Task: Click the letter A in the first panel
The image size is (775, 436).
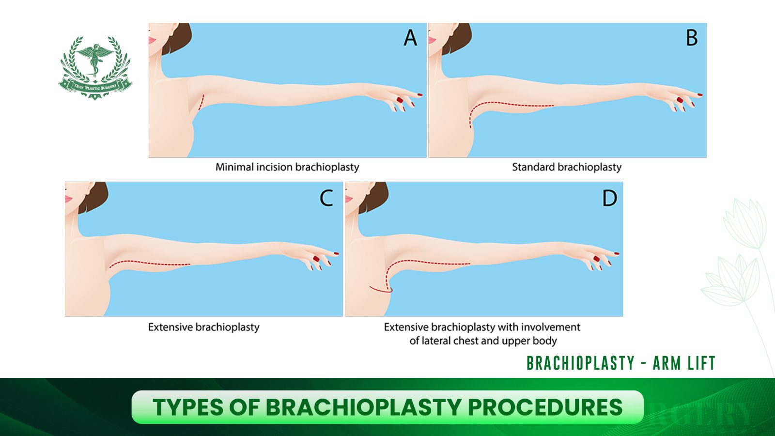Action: (410, 38)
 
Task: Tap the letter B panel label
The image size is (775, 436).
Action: (692, 38)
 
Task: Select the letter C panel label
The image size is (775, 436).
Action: (326, 198)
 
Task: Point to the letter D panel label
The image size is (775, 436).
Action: (610, 198)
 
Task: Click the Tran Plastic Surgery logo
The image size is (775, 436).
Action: (95, 68)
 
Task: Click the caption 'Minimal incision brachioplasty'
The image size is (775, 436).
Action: (287, 167)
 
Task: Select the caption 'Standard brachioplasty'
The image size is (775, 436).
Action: (567, 167)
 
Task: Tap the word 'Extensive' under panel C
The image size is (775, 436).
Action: (170, 327)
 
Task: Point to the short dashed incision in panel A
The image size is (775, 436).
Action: (201, 102)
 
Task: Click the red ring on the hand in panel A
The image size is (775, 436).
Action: (400, 100)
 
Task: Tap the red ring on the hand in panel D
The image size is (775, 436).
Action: (596, 259)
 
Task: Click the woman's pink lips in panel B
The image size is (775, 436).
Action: (432, 40)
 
